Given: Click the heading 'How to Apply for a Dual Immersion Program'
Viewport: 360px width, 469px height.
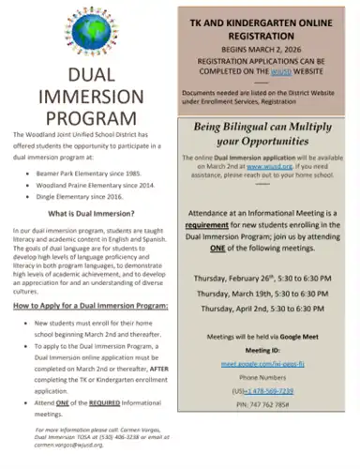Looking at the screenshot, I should point(89,307).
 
